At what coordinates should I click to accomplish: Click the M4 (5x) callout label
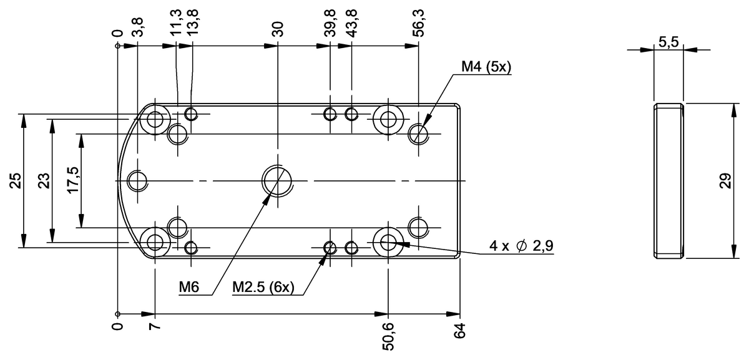tap(486, 67)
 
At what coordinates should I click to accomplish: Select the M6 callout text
tap(189, 287)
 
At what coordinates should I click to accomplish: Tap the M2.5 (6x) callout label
tap(263, 287)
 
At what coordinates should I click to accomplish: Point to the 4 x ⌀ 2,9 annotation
tap(521, 246)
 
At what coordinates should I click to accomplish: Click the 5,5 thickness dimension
tap(668, 42)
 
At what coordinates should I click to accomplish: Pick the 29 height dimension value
tap(725, 181)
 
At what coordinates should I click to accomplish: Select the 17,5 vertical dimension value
tap(73, 180)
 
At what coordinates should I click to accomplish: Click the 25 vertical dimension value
tap(16, 181)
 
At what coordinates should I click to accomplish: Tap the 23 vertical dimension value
tap(44, 181)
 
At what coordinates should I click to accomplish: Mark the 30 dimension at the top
tap(278, 29)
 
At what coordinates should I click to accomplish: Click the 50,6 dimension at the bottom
tap(388, 337)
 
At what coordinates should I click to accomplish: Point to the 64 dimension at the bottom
tap(460, 331)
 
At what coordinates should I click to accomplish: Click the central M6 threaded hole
tap(277, 181)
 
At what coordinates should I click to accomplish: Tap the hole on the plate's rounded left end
tap(137, 181)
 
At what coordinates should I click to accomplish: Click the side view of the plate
tap(668, 181)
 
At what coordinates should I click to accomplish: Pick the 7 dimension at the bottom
tap(155, 326)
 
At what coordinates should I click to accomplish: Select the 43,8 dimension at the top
tap(351, 23)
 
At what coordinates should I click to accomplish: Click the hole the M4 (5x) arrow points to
tap(418, 134)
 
